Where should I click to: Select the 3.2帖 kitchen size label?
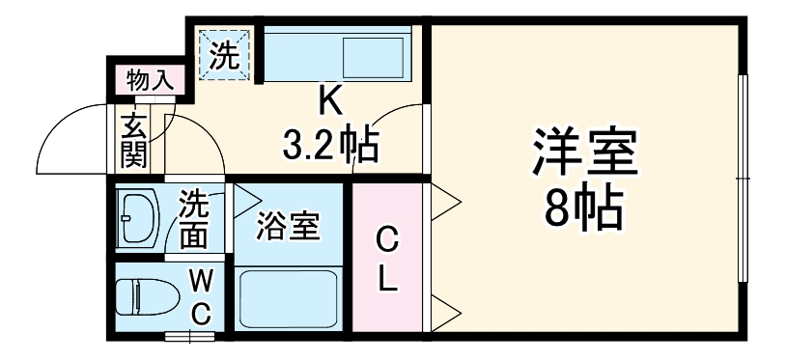coord(329,146)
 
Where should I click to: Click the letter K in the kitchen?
coord(331,98)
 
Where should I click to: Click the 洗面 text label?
coord(194,218)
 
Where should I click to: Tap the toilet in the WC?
coord(141,296)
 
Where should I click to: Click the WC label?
coord(201,297)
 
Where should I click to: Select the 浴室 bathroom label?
coord(287,229)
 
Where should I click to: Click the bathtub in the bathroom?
coord(289,300)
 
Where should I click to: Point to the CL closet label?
coord(386,259)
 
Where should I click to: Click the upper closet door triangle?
coord(445,203)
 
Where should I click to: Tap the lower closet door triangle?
coord(445,311)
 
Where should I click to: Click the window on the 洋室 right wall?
coord(743,180)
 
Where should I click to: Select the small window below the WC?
coord(189,337)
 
